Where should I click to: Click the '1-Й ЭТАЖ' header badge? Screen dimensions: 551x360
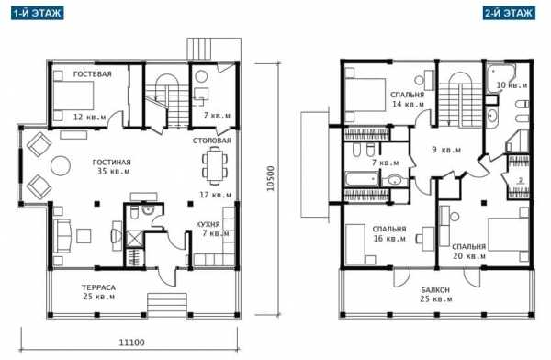coord(38,14)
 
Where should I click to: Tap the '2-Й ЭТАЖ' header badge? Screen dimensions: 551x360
coord(509,14)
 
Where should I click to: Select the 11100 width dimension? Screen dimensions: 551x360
coord(131,342)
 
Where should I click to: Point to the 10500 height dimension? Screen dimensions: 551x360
coord(270,178)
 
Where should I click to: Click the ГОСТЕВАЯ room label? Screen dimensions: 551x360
coord(93,74)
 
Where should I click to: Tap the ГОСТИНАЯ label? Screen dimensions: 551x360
coord(112,163)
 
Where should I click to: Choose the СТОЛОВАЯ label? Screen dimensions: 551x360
coord(212,141)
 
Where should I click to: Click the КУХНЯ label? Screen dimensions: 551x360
coord(208,224)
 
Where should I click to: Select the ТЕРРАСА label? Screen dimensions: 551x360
coord(98,287)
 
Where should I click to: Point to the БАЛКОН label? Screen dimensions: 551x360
coord(435,290)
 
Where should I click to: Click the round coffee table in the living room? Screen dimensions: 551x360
coord(61,165)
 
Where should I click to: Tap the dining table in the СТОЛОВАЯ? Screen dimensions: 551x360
coord(214,165)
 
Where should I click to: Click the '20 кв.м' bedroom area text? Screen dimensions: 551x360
coord(469,256)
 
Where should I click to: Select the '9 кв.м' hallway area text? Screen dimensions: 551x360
coord(446,150)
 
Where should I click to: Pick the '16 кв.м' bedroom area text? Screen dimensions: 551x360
coord(389,239)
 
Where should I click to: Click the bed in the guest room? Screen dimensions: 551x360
coord(73,96)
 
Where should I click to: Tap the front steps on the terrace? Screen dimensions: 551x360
coord(167,305)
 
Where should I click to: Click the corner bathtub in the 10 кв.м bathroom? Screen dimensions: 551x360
coord(500,79)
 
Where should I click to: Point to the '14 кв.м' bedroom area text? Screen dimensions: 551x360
coord(408,104)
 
